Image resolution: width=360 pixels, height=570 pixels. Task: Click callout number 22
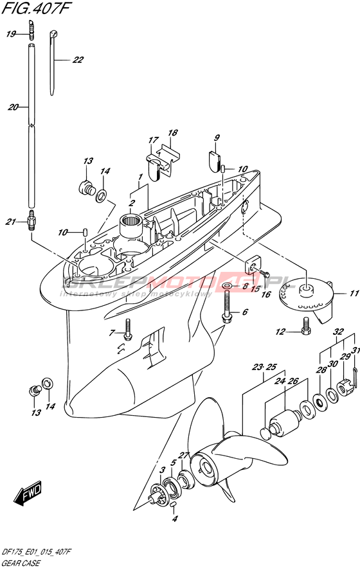(78, 60)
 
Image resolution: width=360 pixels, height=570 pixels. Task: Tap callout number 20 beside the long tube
(13, 107)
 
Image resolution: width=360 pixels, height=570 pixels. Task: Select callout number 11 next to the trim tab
(354, 294)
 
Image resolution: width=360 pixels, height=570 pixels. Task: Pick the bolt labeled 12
(305, 325)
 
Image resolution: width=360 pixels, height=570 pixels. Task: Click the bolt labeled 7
(128, 330)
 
